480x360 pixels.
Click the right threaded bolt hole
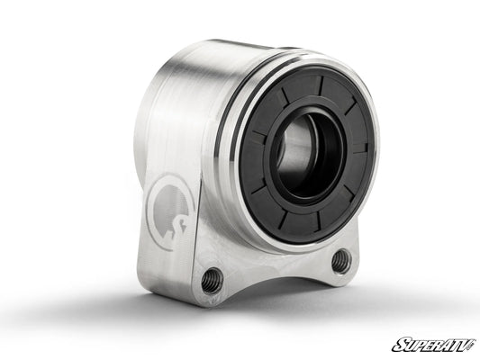click(340, 261)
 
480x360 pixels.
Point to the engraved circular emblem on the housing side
click(169, 211)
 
